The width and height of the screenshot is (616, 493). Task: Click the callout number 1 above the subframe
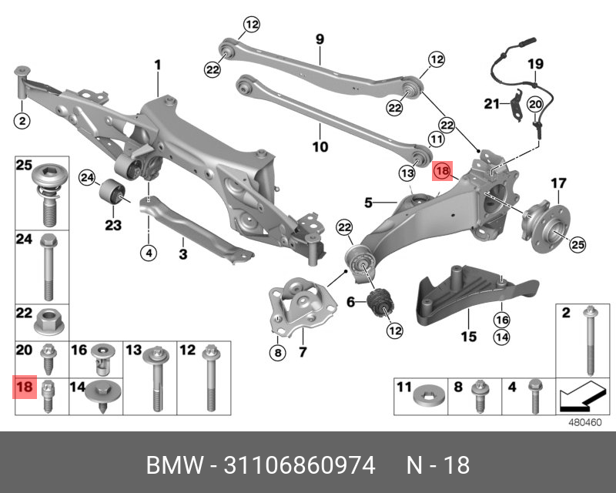tap(157, 65)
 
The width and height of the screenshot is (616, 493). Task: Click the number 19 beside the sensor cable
tap(535, 64)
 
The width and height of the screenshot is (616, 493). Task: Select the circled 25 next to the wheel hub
tap(577, 245)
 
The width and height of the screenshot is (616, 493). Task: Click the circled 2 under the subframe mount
tap(22, 120)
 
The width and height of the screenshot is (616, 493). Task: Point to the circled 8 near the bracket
tap(276, 354)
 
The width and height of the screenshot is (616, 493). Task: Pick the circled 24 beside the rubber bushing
tap(88, 179)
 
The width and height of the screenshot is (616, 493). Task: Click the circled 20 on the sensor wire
tap(535, 104)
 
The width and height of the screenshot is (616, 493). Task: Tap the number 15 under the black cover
tap(468, 336)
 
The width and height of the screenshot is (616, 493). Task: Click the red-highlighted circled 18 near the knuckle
tap(443, 171)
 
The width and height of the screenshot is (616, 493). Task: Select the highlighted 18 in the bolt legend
tap(25, 386)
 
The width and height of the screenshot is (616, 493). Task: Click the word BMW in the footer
tap(171, 465)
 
